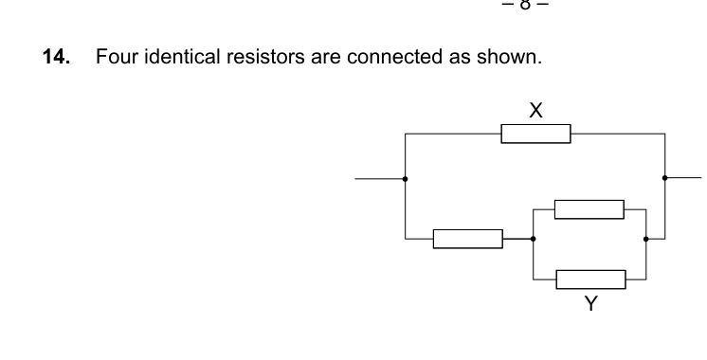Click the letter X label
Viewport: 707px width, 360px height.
coord(535,111)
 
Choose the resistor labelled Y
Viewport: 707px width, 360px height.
coord(590,279)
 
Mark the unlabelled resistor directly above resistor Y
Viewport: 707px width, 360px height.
coord(589,208)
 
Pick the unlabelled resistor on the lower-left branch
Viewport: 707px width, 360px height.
coord(468,239)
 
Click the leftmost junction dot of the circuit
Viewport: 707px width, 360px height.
coord(406,177)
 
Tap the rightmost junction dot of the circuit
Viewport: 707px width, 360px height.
coord(665,177)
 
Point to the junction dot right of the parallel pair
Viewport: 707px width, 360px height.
coord(646,239)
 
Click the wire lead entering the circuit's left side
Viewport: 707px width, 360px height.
coord(380,177)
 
